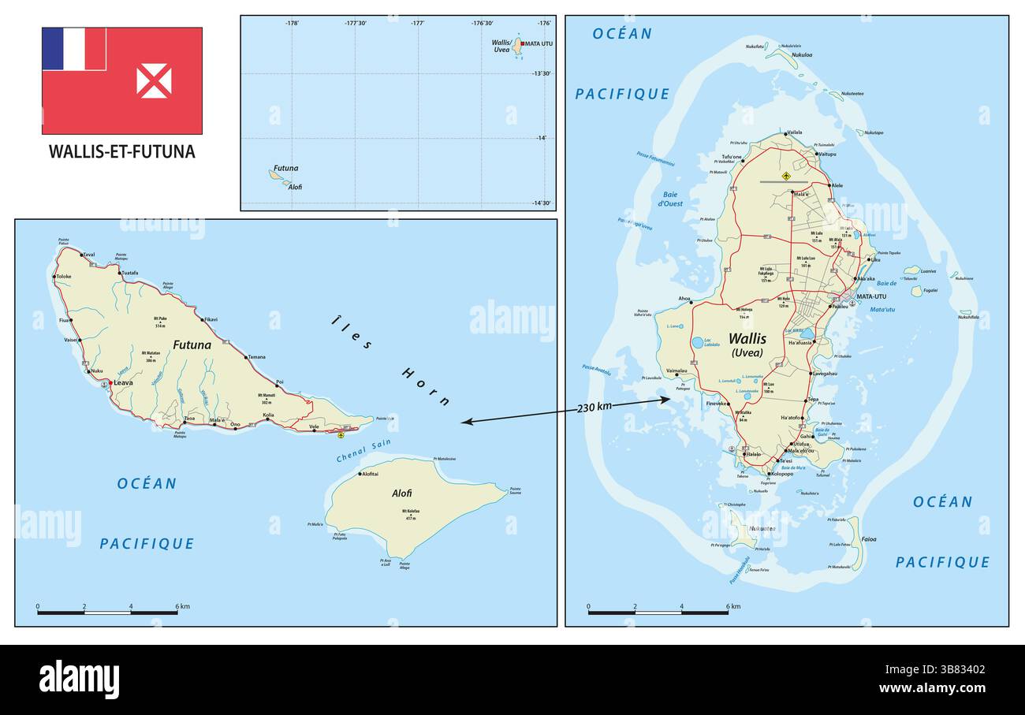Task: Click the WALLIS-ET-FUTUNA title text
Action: (121, 151)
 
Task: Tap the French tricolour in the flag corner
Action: (73, 49)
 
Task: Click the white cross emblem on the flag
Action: (154, 81)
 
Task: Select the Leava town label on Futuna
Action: (123, 383)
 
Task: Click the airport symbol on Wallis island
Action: (786, 174)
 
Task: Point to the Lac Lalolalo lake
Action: (698, 343)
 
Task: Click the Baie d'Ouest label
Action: (670, 199)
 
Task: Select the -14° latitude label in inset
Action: (541, 139)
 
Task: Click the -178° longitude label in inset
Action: (292, 24)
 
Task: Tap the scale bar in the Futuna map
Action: (107, 612)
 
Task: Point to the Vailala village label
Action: (794, 132)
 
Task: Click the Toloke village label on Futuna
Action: (64, 277)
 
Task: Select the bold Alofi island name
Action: (401, 493)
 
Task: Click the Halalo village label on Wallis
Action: (754, 455)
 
